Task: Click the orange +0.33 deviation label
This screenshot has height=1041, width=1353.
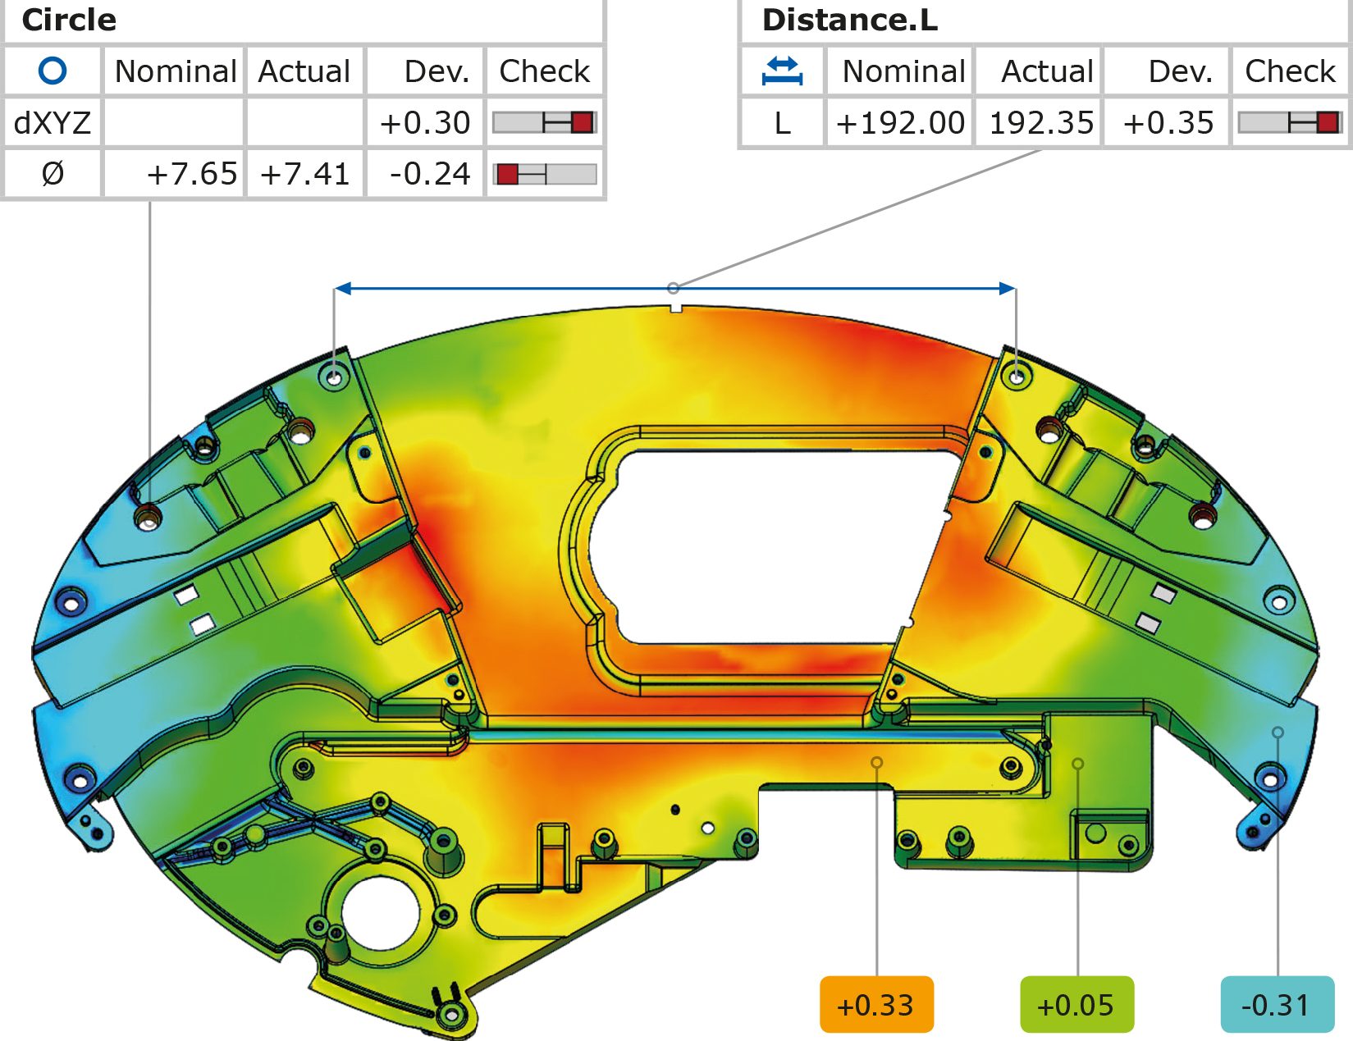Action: coord(876,1004)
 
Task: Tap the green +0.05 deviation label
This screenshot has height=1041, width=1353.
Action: coord(1076,1004)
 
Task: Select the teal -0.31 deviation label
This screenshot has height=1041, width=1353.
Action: coord(1277,1004)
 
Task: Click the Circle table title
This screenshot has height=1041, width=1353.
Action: coord(69,20)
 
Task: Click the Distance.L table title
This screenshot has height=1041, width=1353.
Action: coord(849,20)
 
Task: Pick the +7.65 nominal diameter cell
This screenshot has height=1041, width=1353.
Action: coord(190,174)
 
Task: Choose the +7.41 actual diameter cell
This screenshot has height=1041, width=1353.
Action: coord(304,174)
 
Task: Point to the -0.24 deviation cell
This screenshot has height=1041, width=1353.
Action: coord(429,174)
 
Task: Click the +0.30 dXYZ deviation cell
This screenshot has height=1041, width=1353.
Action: coord(424,123)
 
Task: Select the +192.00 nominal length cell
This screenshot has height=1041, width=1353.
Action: coord(900,123)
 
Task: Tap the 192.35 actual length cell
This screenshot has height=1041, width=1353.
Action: coord(1040,123)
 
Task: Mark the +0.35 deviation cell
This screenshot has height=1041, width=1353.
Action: coord(1168,123)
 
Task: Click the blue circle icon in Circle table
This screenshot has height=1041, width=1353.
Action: coord(53,71)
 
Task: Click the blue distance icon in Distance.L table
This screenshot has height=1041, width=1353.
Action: coord(782,71)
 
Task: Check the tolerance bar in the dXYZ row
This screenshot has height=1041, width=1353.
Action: coord(544,123)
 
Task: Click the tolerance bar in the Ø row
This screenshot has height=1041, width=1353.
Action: coord(544,174)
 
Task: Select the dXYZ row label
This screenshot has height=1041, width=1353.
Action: coord(53,123)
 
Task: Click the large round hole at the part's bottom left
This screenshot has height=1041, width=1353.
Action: coord(381,913)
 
